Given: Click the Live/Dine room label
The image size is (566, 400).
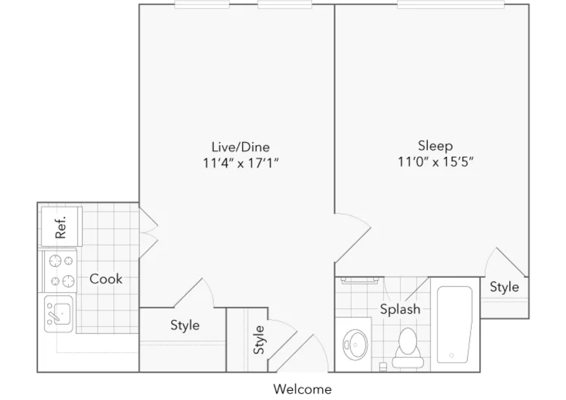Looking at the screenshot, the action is (x=241, y=147).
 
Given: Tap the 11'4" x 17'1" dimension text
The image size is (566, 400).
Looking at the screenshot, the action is (x=241, y=163).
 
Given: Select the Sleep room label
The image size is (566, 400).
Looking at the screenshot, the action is (x=435, y=146).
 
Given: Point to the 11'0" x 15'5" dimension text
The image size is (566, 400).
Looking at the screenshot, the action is (x=435, y=162).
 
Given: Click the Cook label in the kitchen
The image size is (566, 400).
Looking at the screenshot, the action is (x=106, y=279).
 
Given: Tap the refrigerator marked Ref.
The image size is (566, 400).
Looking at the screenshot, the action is (x=62, y=226).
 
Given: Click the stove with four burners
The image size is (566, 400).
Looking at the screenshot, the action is (x=60, y=271).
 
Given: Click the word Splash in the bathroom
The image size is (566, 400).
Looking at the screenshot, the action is (x=400, y=309).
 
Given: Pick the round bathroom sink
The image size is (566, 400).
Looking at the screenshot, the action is (x=355, y=345).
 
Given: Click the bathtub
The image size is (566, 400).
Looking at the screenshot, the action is (x=455, y=324).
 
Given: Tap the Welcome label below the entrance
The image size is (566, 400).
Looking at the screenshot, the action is (x=303, y=389).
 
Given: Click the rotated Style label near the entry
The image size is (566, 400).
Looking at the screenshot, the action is (x=259, y=340).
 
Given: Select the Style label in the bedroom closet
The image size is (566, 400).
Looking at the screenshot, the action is (x=504, y=287).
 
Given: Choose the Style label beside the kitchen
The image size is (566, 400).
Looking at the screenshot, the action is (x=185, y=325).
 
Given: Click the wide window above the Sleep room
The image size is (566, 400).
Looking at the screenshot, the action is (x=451, y=5).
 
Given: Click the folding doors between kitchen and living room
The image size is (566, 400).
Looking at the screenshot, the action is (x=149, y=233).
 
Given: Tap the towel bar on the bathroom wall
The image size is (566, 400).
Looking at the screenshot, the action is (x=360, y=280).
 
